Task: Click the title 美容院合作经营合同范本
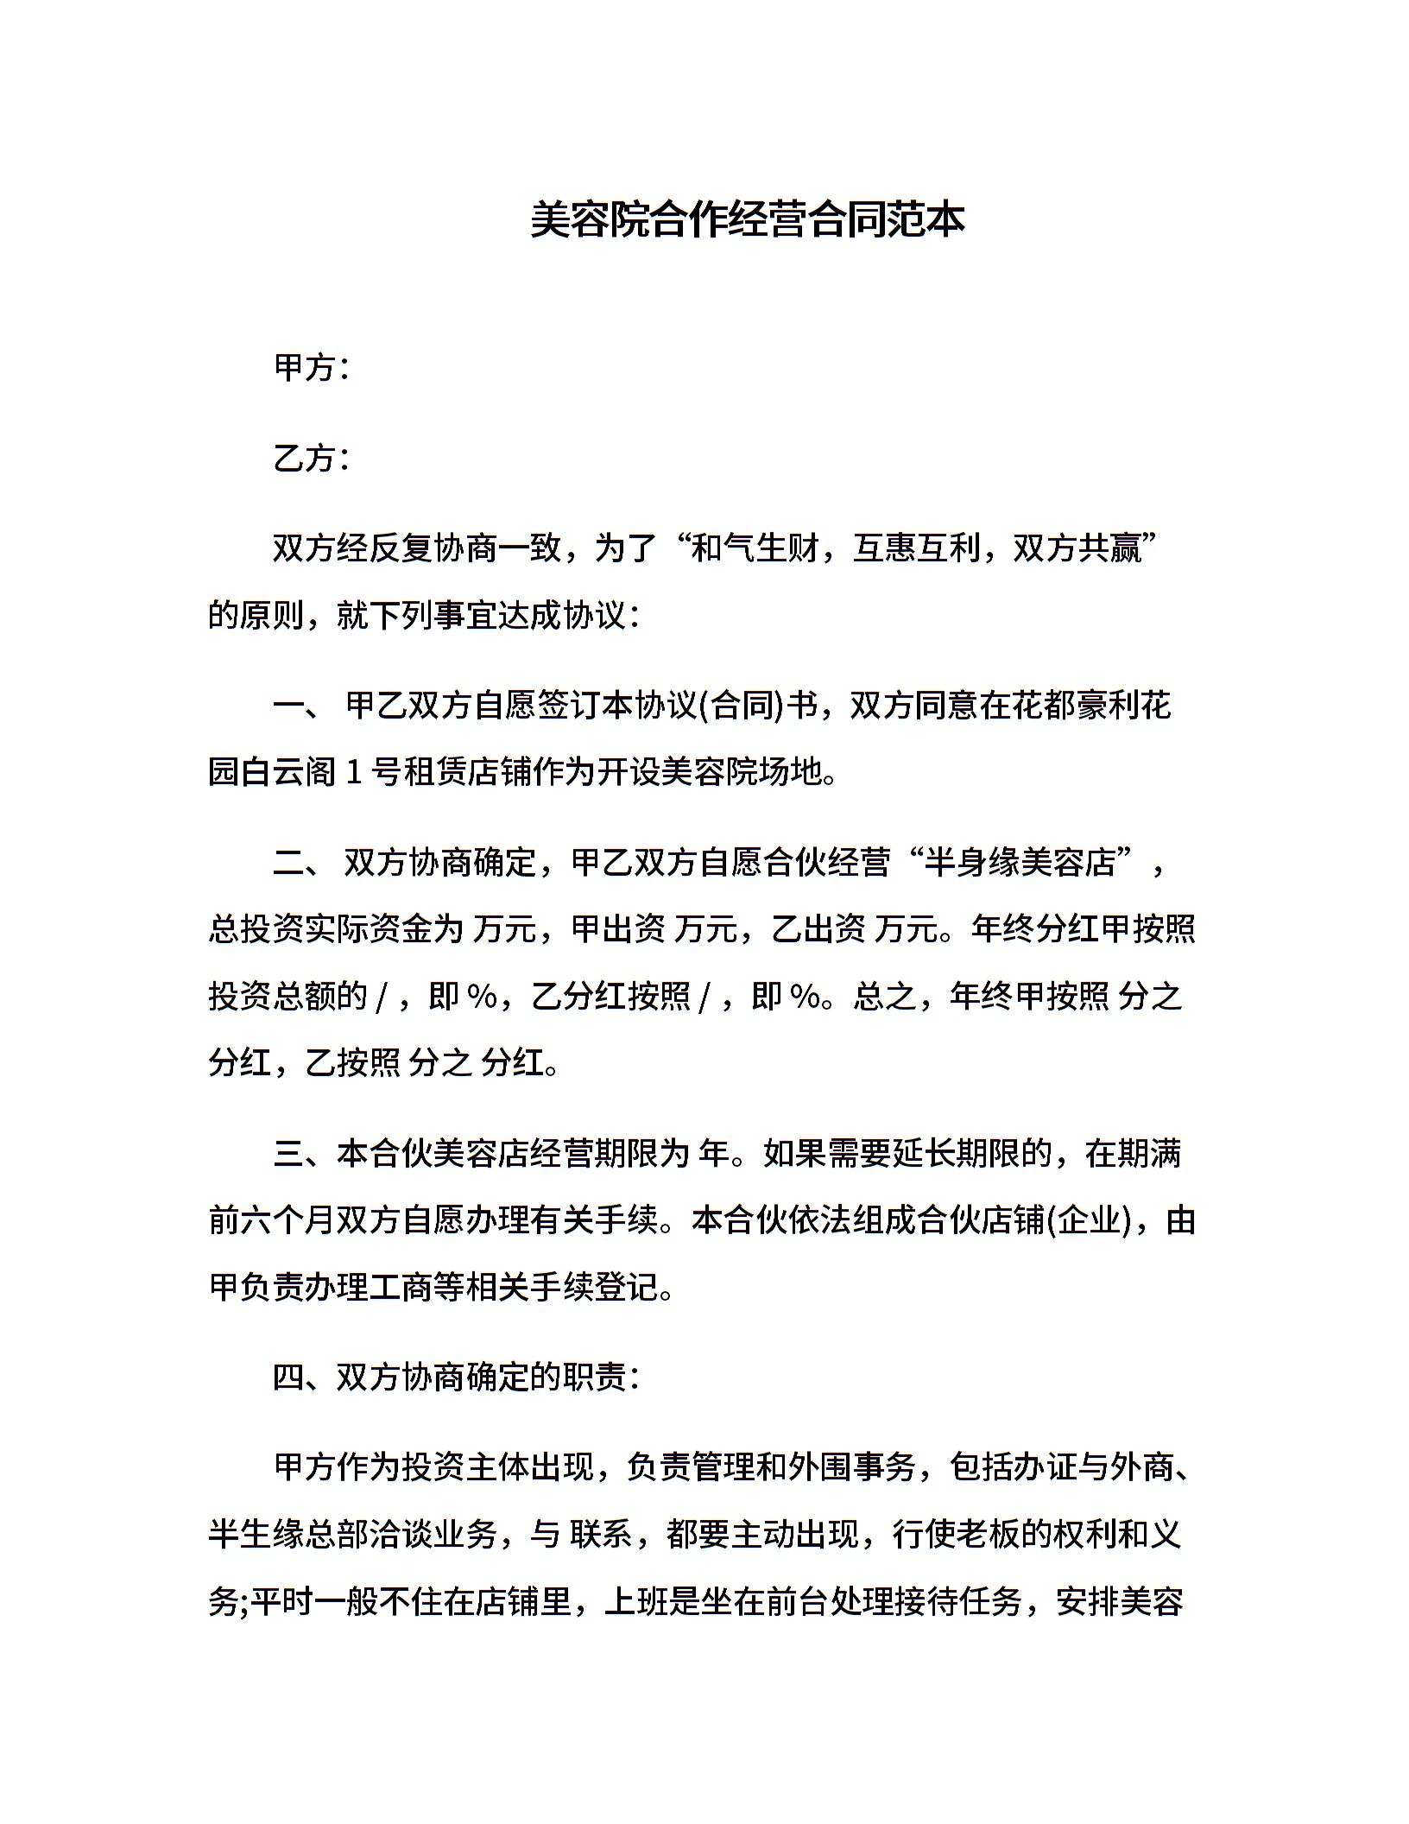[x=748, y=220]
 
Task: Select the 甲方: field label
[x=312, y=368]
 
